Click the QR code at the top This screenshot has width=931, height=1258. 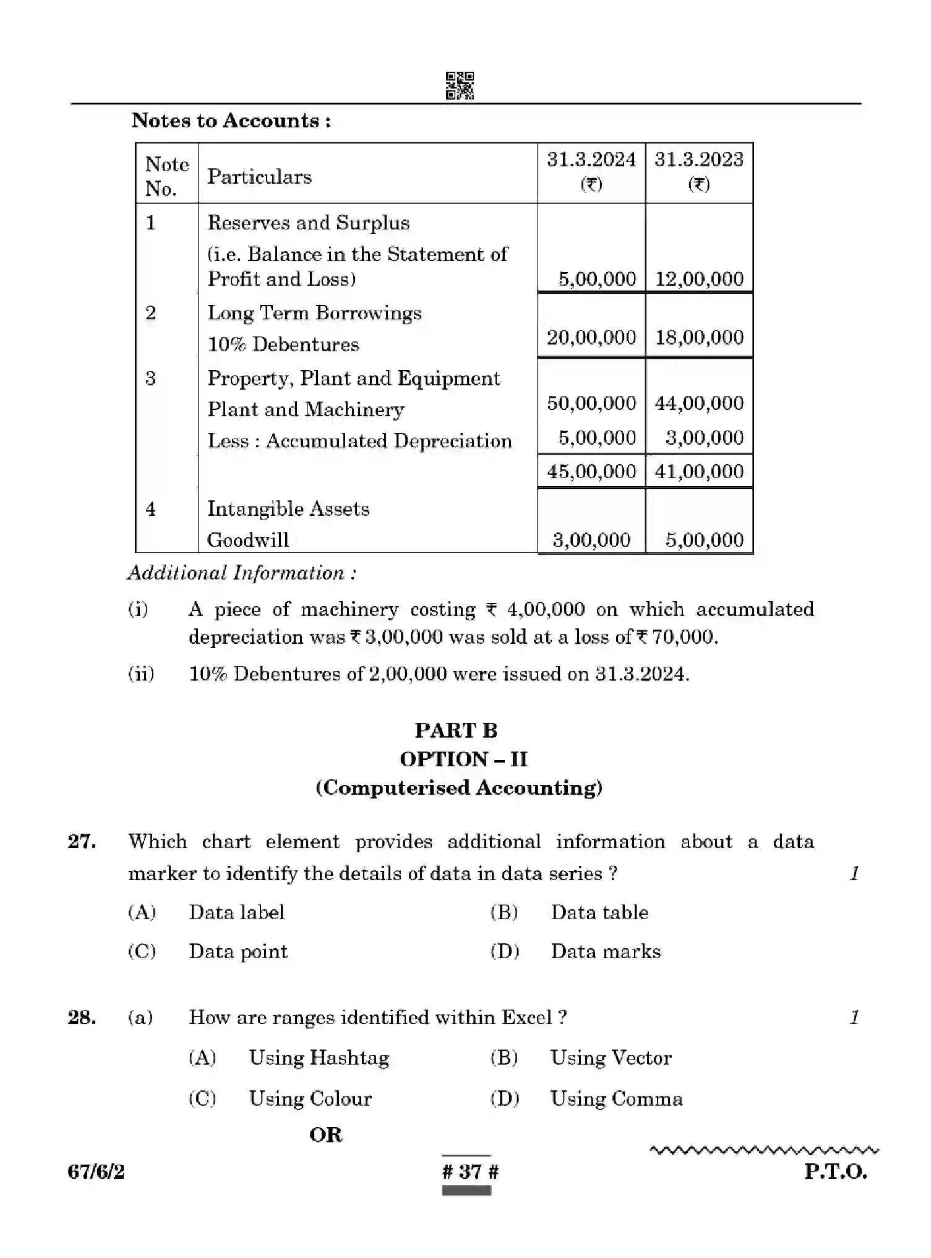tap(460, 85)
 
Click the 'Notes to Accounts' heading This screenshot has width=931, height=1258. tap(231, 120)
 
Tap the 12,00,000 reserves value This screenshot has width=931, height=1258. tap(699, 279)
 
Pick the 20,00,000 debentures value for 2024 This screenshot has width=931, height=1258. tap(591, 338)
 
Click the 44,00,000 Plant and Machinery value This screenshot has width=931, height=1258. tap(699, 403)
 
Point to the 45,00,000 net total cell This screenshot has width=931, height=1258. tap(591, 472)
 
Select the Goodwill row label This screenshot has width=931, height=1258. tap(248, 540)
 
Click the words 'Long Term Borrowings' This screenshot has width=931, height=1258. tap(314, 313)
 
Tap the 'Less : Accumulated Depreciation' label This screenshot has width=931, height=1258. tap(359, 441)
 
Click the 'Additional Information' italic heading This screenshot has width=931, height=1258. tap(242, 573)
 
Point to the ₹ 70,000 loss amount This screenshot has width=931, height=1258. tap(677, 637)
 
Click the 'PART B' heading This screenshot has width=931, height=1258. tap(456, 730)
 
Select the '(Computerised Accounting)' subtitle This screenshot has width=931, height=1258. tap(458, 788)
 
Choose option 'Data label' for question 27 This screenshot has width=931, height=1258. tap(236, 913)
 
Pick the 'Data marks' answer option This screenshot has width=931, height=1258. tap(606, 952)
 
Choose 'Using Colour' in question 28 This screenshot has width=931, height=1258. tap(310, 1099)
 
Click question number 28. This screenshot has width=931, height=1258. tap(82, 1018)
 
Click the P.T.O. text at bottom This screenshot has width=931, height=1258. tap(835, 1171)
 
